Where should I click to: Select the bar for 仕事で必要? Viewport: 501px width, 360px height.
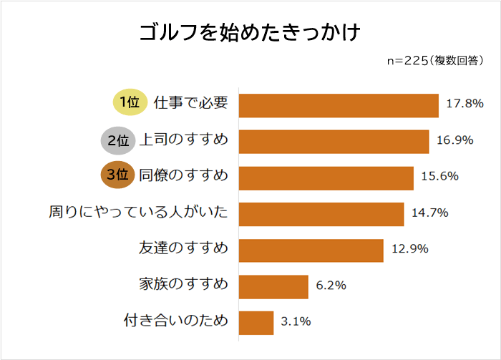coord(338,105)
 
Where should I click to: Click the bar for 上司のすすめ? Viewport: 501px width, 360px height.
coord(333,141)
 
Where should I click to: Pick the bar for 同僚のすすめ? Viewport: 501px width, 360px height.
coord(326,177)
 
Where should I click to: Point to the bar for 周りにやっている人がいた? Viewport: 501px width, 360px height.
coord(321,213)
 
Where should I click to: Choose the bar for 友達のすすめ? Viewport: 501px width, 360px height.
coord(311,250)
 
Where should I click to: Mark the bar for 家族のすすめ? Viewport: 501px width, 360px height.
coord(273,286)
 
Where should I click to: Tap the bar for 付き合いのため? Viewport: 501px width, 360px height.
coord(256,322)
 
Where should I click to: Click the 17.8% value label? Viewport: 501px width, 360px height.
coord(464,104)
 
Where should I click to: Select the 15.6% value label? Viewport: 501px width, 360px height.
coord(440,177)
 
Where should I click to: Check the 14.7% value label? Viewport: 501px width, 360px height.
coord(430,213)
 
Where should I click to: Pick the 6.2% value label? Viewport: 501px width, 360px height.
coord(331,286)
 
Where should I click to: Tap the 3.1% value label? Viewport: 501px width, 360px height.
coord(296,322)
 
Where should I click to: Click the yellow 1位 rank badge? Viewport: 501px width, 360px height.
coord(130,103)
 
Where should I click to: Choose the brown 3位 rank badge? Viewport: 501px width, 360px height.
coord(117,176)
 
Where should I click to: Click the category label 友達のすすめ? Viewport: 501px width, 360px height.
coord(183,249)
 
